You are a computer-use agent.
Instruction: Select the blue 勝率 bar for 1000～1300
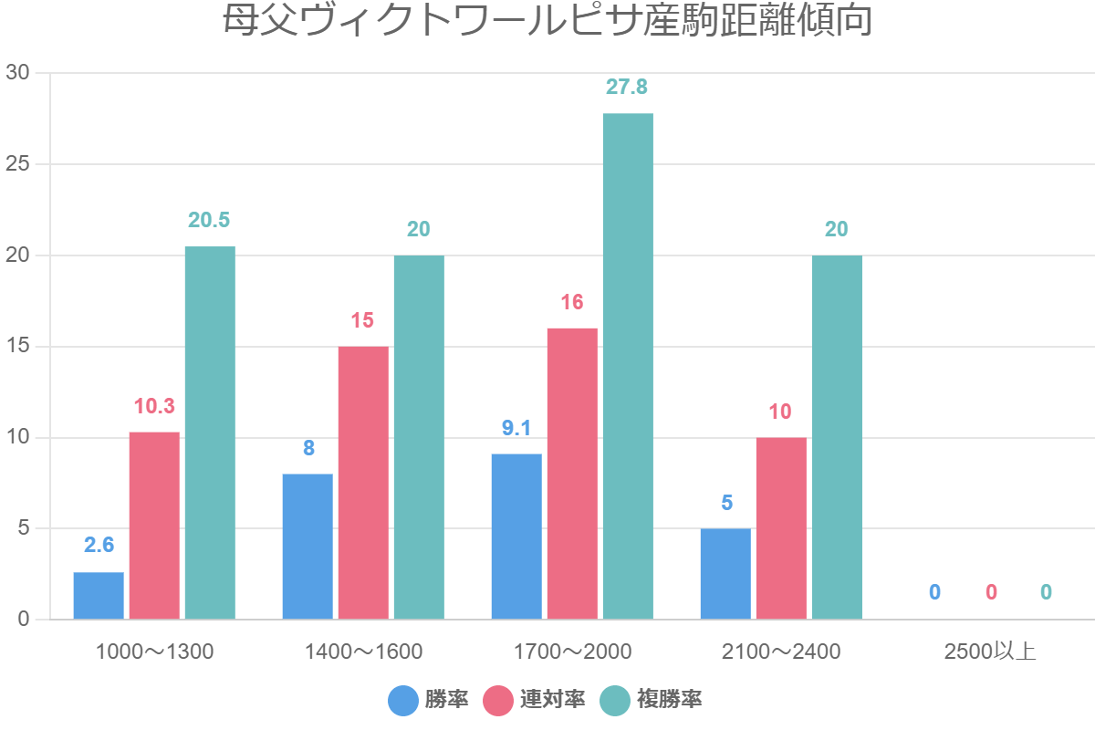(x=99, y=596)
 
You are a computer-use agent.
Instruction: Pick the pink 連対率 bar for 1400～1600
(x=363, y=483)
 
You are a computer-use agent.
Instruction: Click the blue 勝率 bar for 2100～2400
(x=725, y=574)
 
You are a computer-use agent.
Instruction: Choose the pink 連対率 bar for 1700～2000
(x=572, y=474)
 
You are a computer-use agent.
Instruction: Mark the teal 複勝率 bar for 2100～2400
(x=837, y=437)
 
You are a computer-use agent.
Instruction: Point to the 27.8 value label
(x=627, y=87)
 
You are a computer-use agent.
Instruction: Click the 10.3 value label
(x=154, y=406)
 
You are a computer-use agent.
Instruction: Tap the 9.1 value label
(x=516, y=428)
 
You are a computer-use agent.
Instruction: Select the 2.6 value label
(x=99, y=545)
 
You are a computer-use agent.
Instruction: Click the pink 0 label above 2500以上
(x=991, y=592)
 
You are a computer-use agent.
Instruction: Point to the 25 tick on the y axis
(x=18, y=164)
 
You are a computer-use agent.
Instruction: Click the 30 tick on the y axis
(x=18, y=73)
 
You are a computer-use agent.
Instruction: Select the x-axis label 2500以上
(x=990, y=652)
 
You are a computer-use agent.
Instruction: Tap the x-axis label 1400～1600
(x=363, y=652)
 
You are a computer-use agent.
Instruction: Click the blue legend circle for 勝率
(x=403, y=700)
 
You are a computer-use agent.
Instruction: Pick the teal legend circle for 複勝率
(x=616, y=700)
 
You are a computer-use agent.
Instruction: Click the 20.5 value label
(x=209, y=220)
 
